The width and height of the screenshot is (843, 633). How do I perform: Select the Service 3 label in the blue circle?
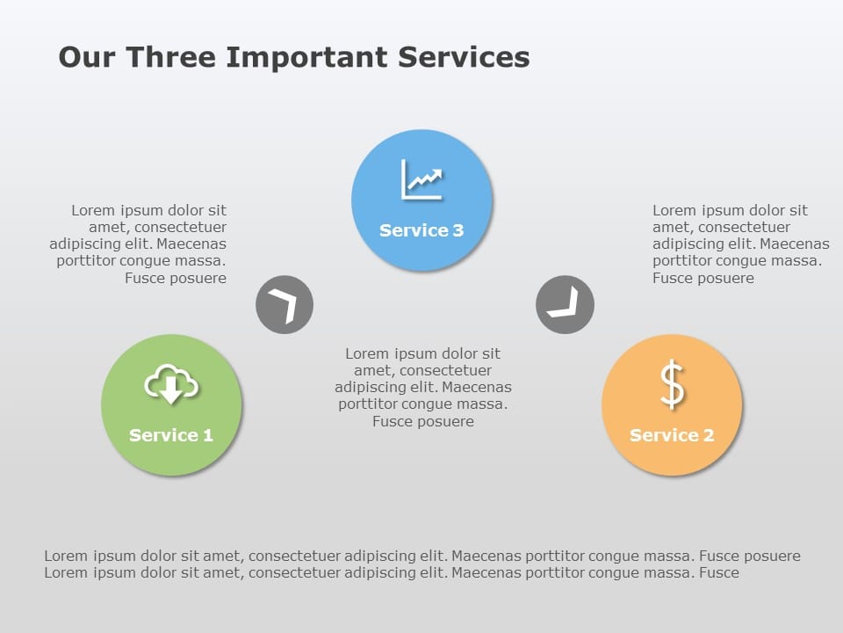tap(421, 230)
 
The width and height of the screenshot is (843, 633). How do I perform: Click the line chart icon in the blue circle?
tap(421, 179)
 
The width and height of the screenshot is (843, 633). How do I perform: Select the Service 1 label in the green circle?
tap(171, 435)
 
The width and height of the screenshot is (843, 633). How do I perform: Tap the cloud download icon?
tap(171, 385)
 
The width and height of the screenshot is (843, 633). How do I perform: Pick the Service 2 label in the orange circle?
tap(672, 435)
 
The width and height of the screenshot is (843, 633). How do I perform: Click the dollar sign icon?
tap(672, 386)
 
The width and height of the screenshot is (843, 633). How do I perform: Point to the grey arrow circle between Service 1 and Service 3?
tap(285, 305)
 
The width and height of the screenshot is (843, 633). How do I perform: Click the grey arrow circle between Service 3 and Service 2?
tap(565, 305)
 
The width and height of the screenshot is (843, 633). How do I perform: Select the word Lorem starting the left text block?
tap(92, 211)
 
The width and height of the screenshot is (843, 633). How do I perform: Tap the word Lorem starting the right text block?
tap(674, 211)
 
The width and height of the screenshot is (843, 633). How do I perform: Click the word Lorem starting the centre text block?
tap(366, 353)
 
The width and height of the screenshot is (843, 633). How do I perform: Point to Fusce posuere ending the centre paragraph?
tap(423, 422)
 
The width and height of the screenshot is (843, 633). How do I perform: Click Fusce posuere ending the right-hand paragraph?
tap(702, 279)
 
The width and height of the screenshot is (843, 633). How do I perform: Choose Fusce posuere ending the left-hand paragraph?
tap(176, 279)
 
